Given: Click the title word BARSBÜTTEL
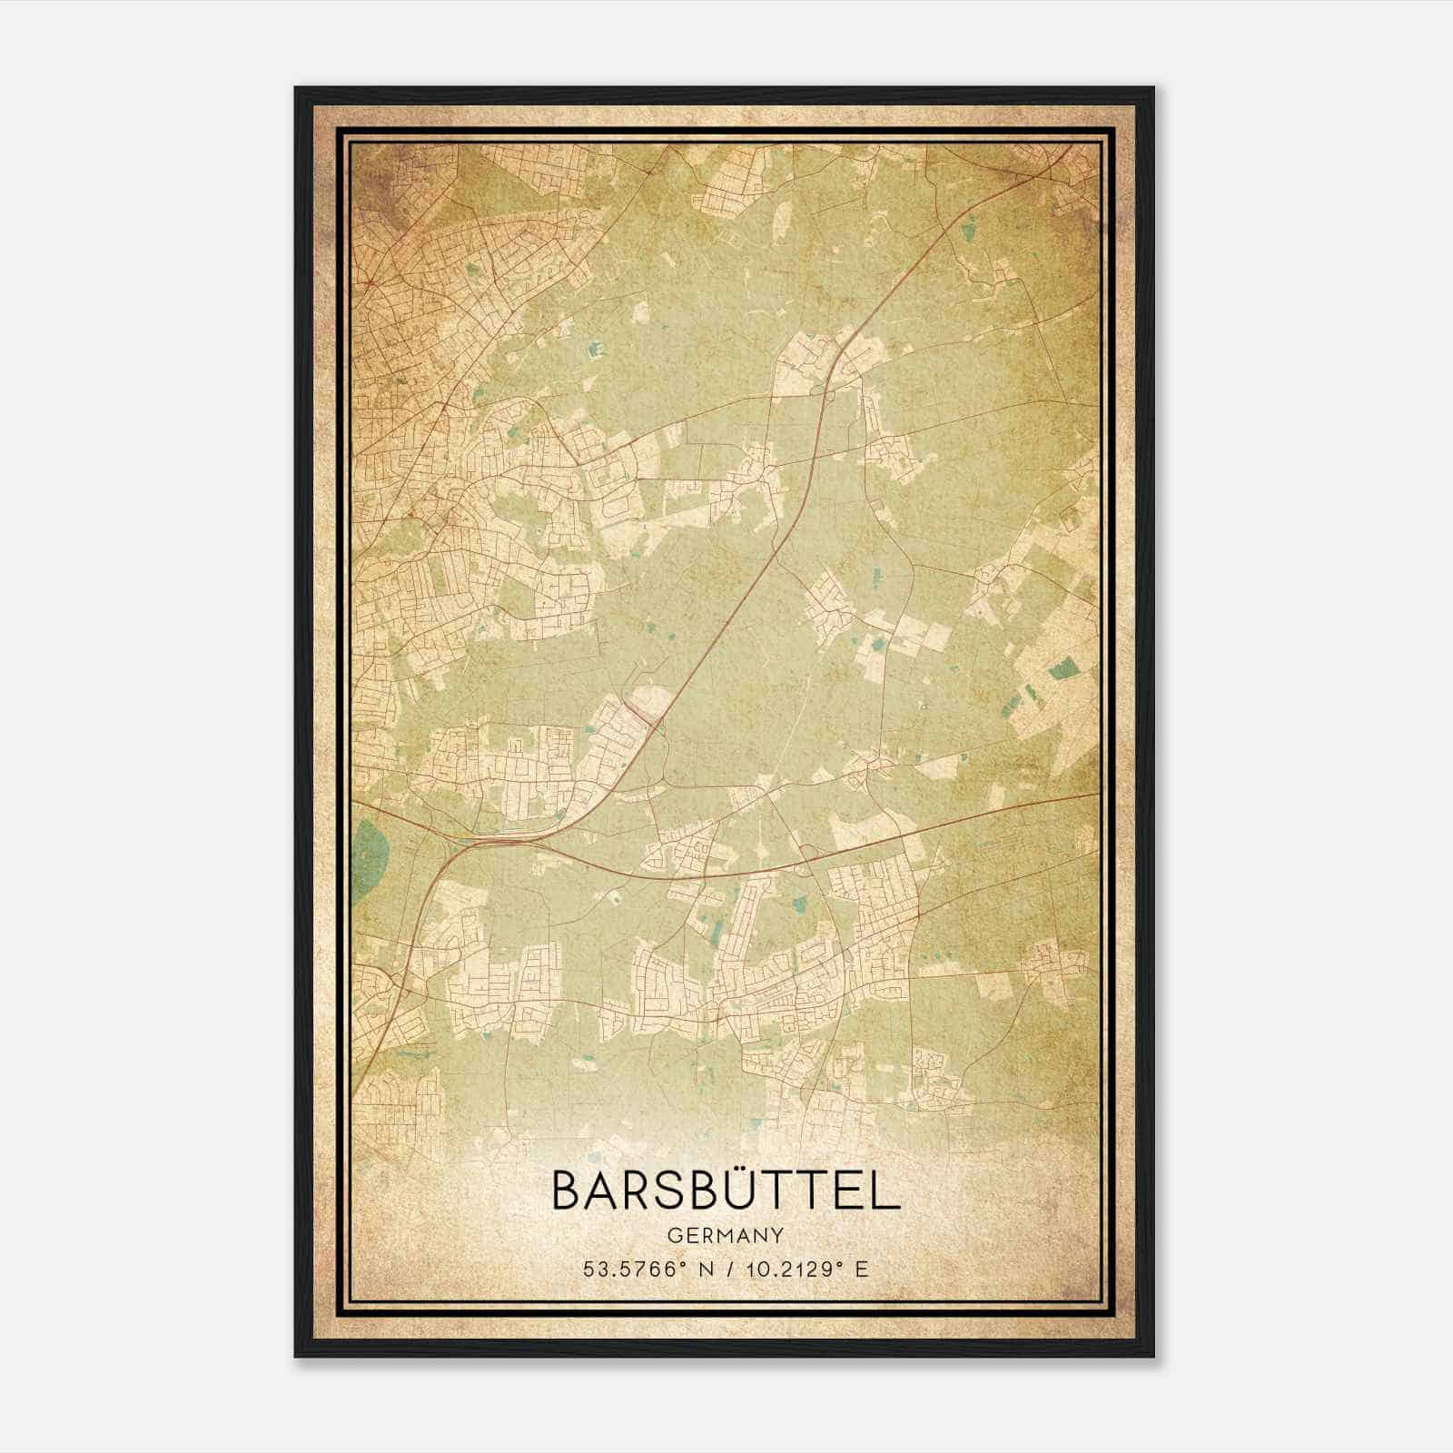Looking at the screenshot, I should tap(726, 1191).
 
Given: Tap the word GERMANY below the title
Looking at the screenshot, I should tap(726, 1236).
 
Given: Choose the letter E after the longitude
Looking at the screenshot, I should tap(861, 1269).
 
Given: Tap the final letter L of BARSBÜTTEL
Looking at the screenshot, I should tap(887, 1191).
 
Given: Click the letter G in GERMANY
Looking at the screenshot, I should tap(673, 1236).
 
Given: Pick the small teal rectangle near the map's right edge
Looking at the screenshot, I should tap(1060, 671).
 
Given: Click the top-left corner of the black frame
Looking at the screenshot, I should tap(296, 88).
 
